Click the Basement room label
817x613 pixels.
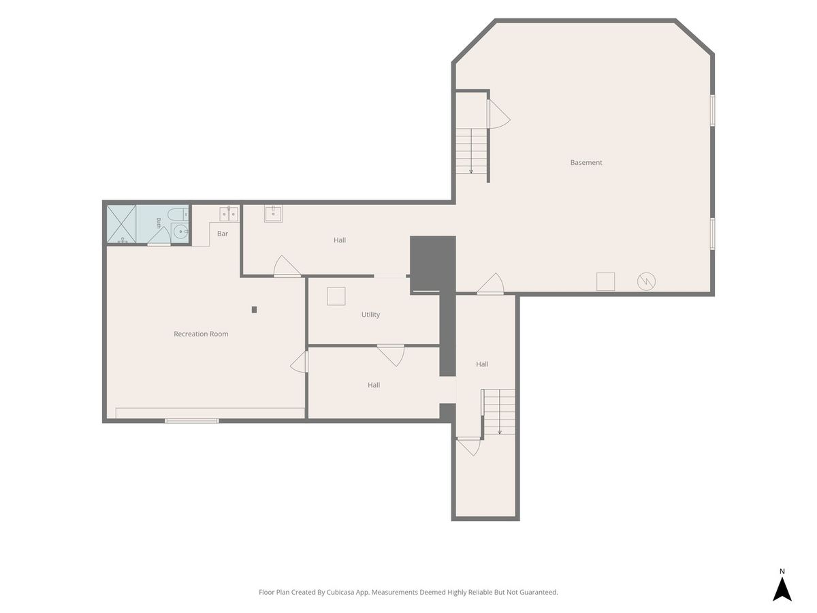(x=586, y=162)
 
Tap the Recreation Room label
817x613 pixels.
(x=201, y=334)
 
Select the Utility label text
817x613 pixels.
(x=370, y=315)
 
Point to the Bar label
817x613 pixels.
(x=223, y=234)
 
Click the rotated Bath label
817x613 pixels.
(x=159, y=223)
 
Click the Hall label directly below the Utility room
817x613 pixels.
(x=374, y=385)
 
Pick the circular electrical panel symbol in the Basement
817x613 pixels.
(x=646, y=281)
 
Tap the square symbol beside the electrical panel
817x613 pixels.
(x=605, y=281)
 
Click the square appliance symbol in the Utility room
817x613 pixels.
(x=336, y=296)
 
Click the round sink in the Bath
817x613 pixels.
(x=180, y=232)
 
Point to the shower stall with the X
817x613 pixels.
(x=121, y=224)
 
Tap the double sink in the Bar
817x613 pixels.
(x=229, y=214)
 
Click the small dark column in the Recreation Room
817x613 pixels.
(x=254, y=310)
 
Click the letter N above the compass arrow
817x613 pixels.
(x=782, y=571)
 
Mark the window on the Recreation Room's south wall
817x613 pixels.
(x=192, y=420)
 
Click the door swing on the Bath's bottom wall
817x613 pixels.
(x=159, y=236)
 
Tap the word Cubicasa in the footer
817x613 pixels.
(x=340, y=592)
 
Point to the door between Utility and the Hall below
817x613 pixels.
(x=391, y=355)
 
